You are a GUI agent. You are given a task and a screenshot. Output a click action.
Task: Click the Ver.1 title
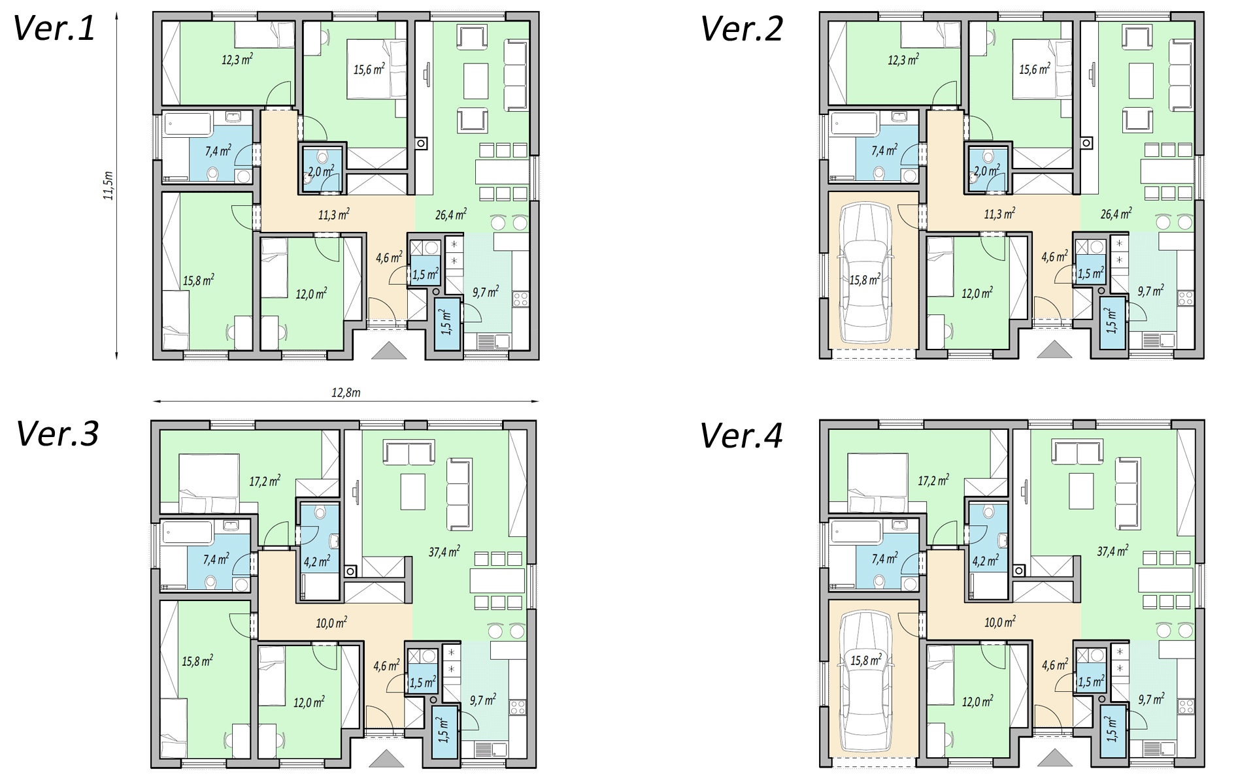tap(54, 28)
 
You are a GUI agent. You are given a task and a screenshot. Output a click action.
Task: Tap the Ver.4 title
tap(741, 436)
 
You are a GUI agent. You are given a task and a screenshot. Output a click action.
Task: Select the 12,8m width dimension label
tap(346, 393)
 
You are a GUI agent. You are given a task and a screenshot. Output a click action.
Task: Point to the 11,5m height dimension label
tap(109, 186)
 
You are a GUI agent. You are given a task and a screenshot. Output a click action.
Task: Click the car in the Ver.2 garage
tap(866, 273)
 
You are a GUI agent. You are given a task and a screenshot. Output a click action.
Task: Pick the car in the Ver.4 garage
tap(866, 681)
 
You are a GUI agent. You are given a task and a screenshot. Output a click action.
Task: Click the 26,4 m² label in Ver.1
tap(451, 214)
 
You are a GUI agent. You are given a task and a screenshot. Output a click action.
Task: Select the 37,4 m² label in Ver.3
tap(444, 551)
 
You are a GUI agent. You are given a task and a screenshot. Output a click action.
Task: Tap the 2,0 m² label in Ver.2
tap(987, 171)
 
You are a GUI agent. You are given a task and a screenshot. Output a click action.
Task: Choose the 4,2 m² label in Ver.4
tap(986, 561)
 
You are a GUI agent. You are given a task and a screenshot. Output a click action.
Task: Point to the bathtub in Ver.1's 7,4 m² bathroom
tap(188, 124)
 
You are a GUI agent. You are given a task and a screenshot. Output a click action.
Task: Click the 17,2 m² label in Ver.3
tap(265, 482)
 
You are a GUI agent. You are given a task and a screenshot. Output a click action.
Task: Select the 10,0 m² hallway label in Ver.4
tap(1000, 622)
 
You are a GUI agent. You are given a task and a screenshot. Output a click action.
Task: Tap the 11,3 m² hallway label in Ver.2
tap(1000, 214)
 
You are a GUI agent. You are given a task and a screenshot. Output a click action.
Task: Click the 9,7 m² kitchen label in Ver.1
tap(486, 291)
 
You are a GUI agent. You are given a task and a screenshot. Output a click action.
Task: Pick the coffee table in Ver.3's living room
tap(413, 492)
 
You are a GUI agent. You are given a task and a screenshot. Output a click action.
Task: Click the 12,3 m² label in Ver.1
tap(237, 59)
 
